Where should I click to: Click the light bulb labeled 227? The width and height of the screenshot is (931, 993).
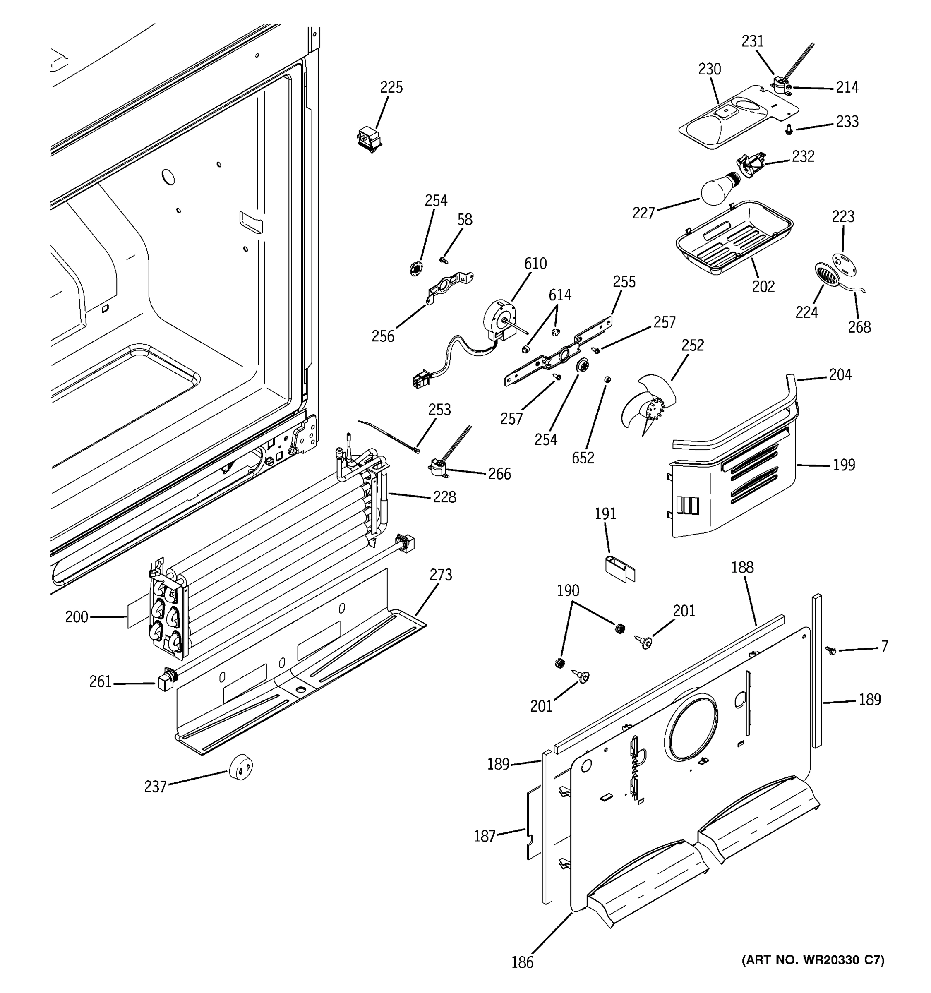pos(717,190)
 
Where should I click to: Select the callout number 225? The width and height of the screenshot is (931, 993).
pos(391,87)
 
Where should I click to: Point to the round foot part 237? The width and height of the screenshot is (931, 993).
pos(241,767)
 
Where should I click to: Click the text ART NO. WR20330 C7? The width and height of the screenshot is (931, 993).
pos(813,959)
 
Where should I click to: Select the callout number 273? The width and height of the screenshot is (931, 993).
pos(441,575)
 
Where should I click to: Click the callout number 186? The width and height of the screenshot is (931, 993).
pos(522,962)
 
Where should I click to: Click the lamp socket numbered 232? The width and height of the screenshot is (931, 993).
pos(749,164)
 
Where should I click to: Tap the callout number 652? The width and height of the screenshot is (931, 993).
pos(583,458)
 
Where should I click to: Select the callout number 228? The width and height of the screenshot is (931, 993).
pos(444,497)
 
